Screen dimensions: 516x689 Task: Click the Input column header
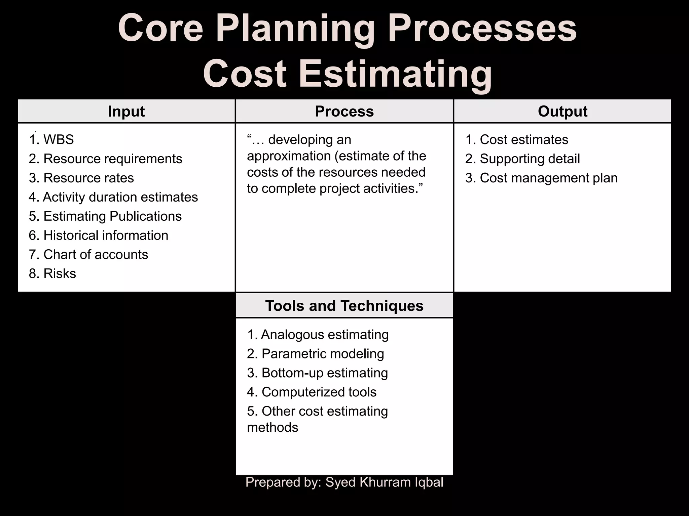click(126, 111)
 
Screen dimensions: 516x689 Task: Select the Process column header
click(344, 111)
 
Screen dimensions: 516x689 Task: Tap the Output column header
click(563, 111)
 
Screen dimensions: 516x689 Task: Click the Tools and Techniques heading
click(344, 306)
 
